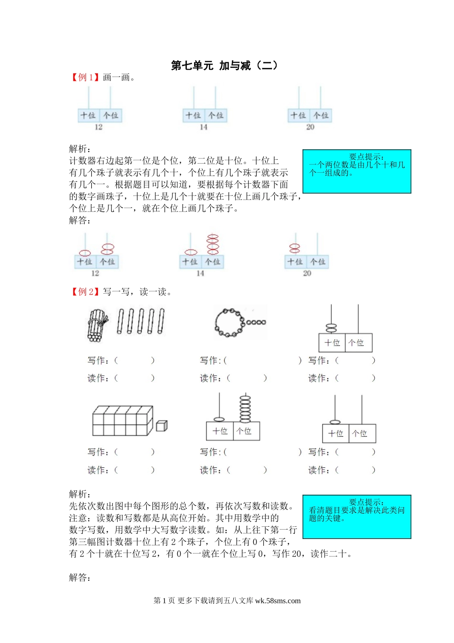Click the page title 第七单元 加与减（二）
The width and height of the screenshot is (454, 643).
[x=224, y=66]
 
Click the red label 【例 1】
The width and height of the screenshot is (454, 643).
[x=85, y=78]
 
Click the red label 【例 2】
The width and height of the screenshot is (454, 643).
[x=85, y=292]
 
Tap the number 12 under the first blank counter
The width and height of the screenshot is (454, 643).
[x=98, y=127]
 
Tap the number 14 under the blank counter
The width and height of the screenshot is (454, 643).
[x=204, y=127]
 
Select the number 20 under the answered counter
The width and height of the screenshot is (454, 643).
[x=307, y=273]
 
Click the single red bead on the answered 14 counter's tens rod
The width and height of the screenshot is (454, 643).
[x=191, y=252]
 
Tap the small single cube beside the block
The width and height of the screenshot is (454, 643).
[x=162, y=425]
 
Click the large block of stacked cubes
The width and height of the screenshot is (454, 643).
[x=122, y=421]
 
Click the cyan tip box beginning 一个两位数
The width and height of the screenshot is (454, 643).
[x=357, y=171]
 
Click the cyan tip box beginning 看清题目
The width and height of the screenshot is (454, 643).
[x=357, y=517]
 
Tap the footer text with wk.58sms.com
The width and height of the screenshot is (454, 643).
[x=227, y=601]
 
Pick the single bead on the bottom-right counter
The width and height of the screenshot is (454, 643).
[x=335, y=422]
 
